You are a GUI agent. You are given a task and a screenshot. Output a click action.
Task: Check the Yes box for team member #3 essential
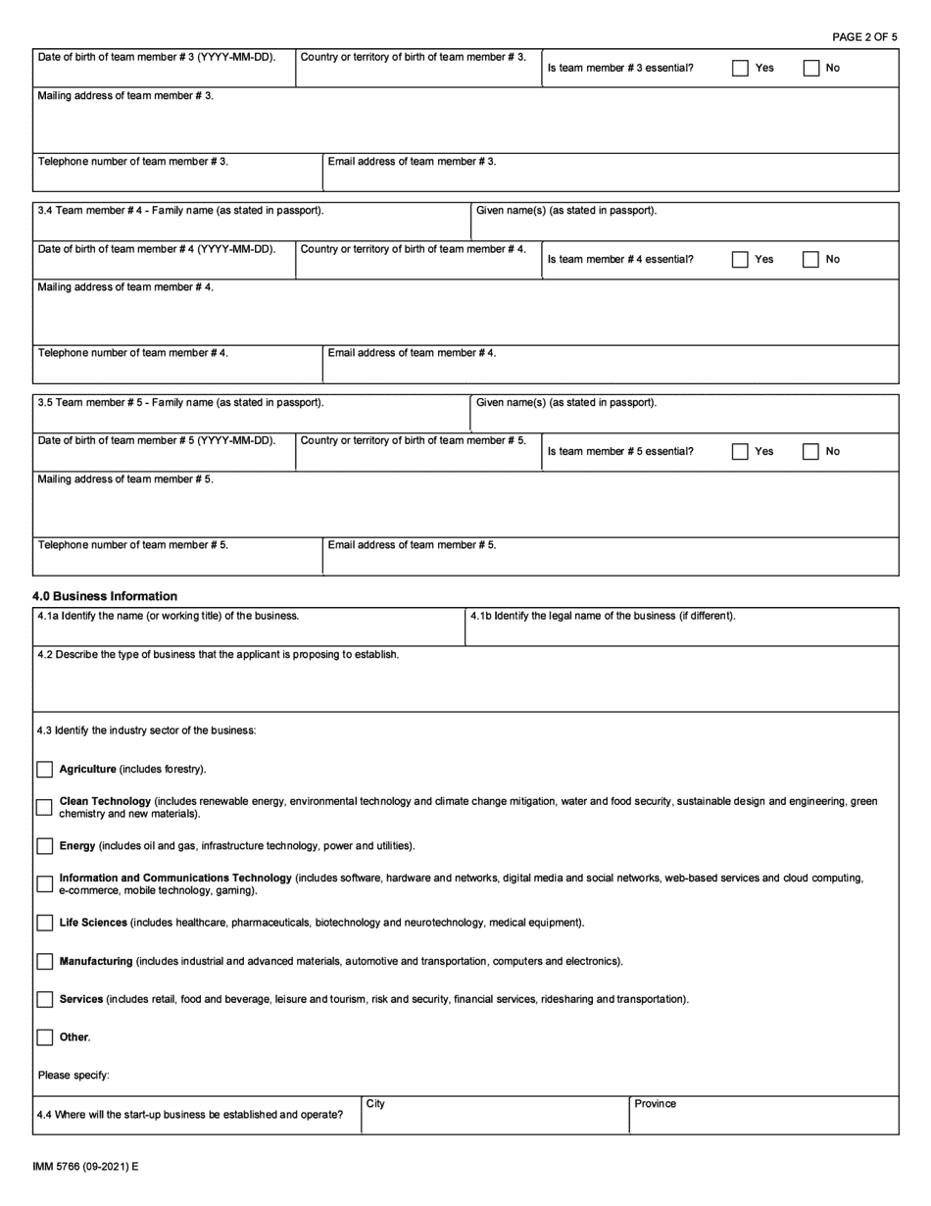[741, 69]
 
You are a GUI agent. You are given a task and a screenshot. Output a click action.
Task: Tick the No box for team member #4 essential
[810, 260]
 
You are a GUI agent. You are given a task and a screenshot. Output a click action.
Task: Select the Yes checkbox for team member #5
[741, 452]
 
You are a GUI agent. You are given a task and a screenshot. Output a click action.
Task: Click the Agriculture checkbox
[45, 770]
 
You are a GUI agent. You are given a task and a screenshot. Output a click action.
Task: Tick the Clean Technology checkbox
[45, 808]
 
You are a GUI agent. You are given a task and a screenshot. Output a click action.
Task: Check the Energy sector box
[45, 846]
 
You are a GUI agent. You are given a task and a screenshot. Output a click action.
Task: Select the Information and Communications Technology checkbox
[45, 884]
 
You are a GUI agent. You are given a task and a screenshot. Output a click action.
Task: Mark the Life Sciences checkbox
[45, 923]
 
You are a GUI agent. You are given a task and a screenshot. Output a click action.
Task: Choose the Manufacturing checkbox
[45, 962]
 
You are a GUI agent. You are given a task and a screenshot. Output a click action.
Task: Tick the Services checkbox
[45, 1000]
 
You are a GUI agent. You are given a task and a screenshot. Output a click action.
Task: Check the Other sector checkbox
[45, 1037]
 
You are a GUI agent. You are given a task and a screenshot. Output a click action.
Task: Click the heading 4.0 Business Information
[105, 596]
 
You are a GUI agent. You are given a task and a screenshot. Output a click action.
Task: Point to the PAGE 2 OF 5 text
[864, 37]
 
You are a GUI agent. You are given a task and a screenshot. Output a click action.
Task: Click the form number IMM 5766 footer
[85, 1168]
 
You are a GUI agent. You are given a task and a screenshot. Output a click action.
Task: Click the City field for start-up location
[495, 1121]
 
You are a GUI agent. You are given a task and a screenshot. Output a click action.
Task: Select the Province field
[762, 1121]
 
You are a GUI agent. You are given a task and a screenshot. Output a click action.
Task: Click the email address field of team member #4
[610, 368]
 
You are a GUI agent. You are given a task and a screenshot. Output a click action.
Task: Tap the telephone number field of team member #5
[177, 560]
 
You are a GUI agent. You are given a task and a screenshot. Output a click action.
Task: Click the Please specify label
[73, 1076]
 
